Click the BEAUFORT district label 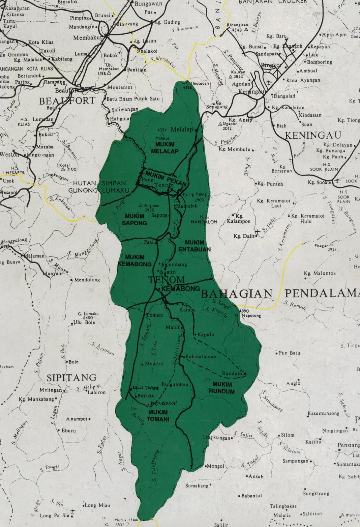tap(67, 101)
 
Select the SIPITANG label tap(71, 377)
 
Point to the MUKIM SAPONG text tap(135, 219)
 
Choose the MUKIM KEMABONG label tap(135, 261)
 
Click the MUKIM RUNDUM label tap(222, 388)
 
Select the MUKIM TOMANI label tap(158, 416)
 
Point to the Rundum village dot tap(245, 374)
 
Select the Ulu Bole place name tap(84, 322)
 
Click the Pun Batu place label tap(289, 353)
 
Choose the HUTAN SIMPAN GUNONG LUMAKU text tap(97, 187)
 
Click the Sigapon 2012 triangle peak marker tap(221, 124)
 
